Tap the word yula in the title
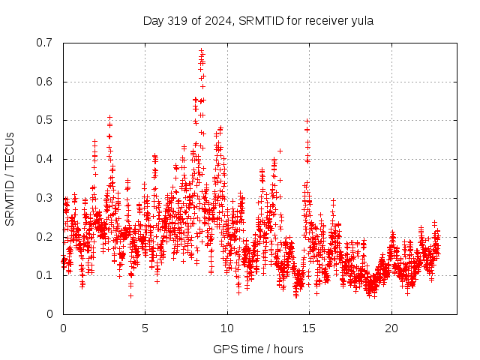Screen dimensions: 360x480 tap(361, 21)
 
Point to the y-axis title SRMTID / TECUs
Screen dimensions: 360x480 tap(10, 178)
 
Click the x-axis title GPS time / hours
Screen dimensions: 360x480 tap(258, 349)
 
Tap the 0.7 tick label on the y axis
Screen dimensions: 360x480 tap(46, 43)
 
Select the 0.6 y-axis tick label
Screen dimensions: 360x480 tap(46, 82)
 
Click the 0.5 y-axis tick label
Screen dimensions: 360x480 tap(46, 120)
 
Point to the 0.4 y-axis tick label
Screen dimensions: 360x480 tap(46, 159)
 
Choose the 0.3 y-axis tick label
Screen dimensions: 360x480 tap(46, 198)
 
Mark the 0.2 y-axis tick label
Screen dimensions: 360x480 tap(46, 237)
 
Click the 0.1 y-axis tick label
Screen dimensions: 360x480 tap(46, 275)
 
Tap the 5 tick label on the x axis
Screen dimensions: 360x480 tap(145, 328)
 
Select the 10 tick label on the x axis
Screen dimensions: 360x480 tap(227, 328)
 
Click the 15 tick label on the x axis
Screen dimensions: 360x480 tap(309, 328)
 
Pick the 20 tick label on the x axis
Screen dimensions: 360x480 tap(391, 328)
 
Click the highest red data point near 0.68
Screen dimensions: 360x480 tap(201, 50)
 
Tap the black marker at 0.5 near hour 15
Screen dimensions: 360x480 tap(307, 121)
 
